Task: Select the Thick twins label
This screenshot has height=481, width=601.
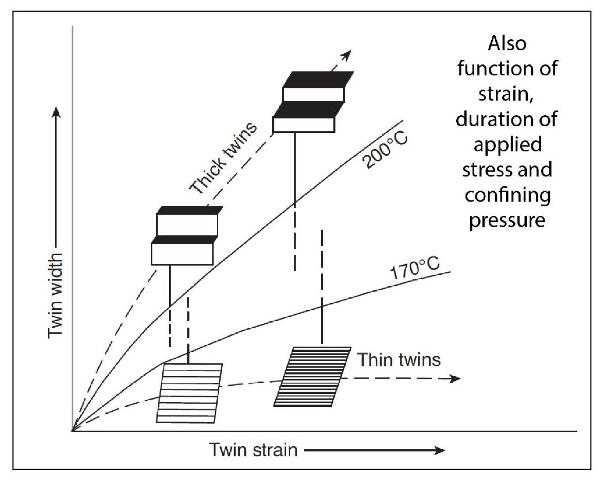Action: [x=223, y=157]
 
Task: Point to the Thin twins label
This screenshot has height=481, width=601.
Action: [x=399, y=360]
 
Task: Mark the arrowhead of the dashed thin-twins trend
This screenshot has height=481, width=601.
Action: [x=455, y=378]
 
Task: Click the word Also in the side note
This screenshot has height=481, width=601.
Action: [x=507, y=44]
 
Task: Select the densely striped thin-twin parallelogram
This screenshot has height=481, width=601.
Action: [x=312, y=377]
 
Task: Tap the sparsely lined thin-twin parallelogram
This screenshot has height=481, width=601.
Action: [x=190, y=393]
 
